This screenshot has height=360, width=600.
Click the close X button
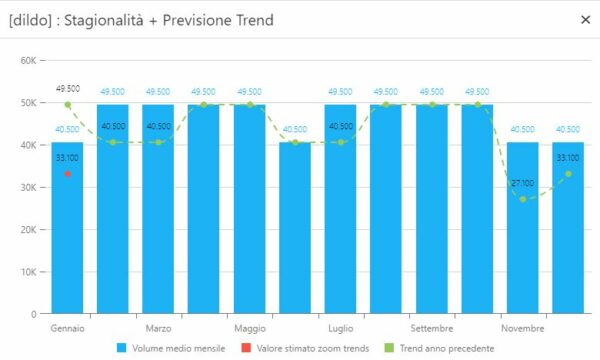pyautogui.click(x=585, y=20)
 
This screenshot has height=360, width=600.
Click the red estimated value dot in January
pyautogui.click(x=68, y=174)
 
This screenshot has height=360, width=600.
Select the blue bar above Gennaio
pyautogui.click(x=67, y=228)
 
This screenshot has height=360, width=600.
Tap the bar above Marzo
pyautogui.click(x=158, y=209)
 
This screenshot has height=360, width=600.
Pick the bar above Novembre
pyautogui.click(x=523, y=228)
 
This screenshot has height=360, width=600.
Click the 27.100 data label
pyautogui.click(x=523, y=183)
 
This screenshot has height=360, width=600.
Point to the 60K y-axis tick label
pyautogui.click(x=28, y=60)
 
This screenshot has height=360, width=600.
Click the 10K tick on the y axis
pyautogui.click(x=28, y=272)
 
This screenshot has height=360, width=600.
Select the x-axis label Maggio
pyautogui.click(x=250, y=329)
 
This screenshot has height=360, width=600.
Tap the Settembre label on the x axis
pyautogui.click(x=432, y=328)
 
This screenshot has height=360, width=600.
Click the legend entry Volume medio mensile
pyautogui.click(x=171, y=348)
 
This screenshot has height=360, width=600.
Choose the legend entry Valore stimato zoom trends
pyautogui.click(x=305, y=348)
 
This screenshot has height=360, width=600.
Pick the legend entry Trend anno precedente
pyautogui.click(x=439, y=348)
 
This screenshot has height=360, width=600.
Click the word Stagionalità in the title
pyautogui.click(x=104, y=20)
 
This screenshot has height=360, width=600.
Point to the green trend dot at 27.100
pyautogui.click(x=523, y=199)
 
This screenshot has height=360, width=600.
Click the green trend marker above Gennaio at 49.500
pyautogui.click(x=68, y=104)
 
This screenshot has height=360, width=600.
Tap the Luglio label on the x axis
pyautogui.click(x=341, y=329)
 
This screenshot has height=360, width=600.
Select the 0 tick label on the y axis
pyautogui.click(x=34, y=314)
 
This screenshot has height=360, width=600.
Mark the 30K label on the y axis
pyautogui.click(x=28, y=187)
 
